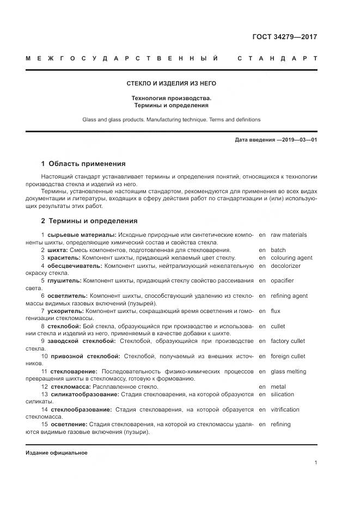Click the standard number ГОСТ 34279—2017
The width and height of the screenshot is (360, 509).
pyautogui.click(x=285, y=37)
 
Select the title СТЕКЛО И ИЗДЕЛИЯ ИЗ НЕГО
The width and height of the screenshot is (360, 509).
pyautogui.click(x=172, y=83)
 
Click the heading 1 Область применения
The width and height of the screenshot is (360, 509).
pyautogui.click(x=83, y=163)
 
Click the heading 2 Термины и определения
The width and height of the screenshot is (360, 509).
pyautogui.click(x=89, y=221)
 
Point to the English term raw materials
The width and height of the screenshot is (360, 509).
pyautogui.click(x=288, y=235)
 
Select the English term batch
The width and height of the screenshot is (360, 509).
pyautogui.click(x=278, y=250)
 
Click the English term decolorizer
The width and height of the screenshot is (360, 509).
pyautogui.click(x=285, y=266)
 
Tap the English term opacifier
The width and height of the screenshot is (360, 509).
pyautogui.click(x=282, y=281)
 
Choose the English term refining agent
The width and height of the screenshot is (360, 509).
pyautogui.click(x=289, y=296)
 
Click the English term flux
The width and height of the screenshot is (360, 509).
pyautogui.click(x=275, y=311)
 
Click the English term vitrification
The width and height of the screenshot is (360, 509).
pyautogui.click(x=285, y=409)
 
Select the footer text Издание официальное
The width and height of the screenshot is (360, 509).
pyautogui.click(x=57, y=453)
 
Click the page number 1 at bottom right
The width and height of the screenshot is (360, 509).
pyautogui.click(x=316, y=463)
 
